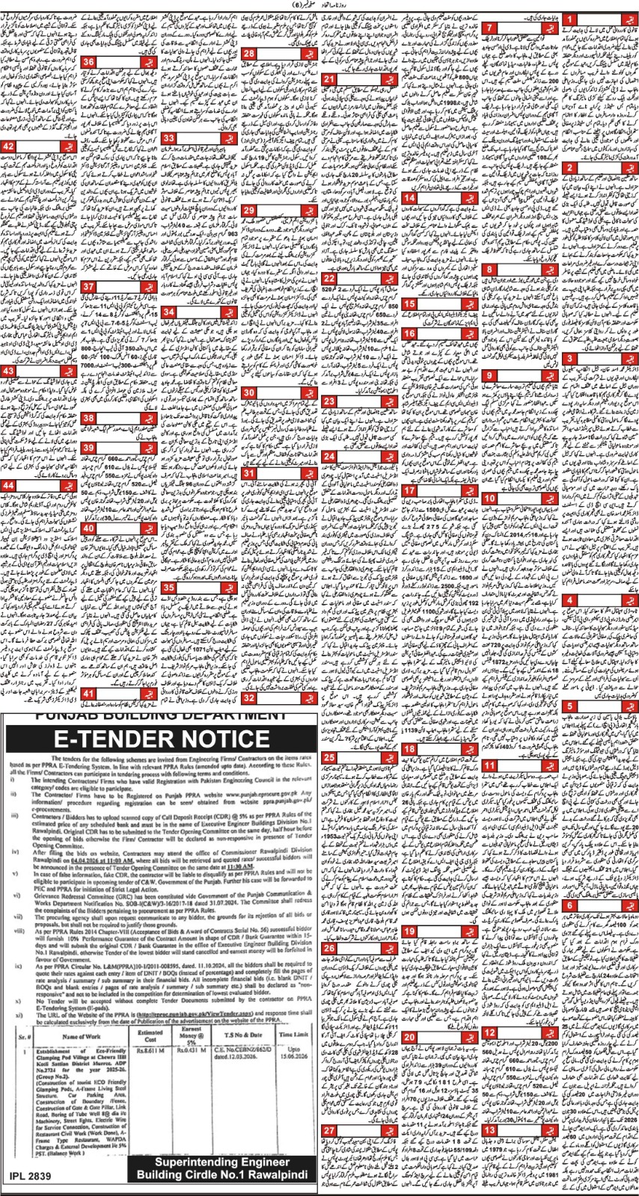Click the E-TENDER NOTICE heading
tap(162, 741)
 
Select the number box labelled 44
tap(10, 485)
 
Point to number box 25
tap(329, 758)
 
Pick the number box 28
tap(248, 53)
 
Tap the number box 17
tap(410, 490)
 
